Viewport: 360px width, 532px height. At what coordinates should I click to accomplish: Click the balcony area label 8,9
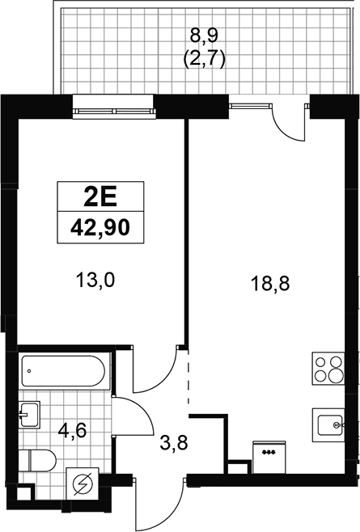click(x=204, y=35)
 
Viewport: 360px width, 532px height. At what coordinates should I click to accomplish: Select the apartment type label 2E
click(x=100, y=197)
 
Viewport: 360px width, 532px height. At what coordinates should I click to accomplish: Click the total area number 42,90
click(x=100, y=227)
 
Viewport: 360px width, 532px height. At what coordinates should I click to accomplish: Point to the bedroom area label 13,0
click(x=95, y=281)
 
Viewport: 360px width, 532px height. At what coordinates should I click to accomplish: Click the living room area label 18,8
click(x=270, y=283)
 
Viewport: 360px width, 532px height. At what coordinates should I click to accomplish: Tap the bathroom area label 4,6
click(x=72, y=431)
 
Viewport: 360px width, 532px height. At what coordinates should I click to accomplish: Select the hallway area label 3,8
click(x=174, y=443)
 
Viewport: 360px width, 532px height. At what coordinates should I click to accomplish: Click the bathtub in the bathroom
click(x=63, y=371)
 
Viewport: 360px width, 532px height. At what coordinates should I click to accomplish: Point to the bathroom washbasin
click(x=29, y=415)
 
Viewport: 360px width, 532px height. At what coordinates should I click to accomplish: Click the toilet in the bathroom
click(x=36, y=461)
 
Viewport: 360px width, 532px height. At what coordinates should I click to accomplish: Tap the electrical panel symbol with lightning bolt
click(x=83, y=483)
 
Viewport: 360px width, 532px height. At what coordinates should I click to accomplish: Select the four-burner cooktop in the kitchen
click(x=328, y=369)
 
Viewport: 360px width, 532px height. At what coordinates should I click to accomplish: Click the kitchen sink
click(x=328, y=425)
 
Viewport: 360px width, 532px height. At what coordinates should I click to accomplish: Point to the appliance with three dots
click(x=269, y=458)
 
